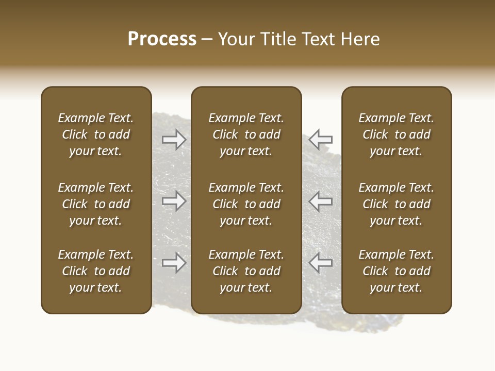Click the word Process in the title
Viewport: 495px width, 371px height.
(x=162, y=39)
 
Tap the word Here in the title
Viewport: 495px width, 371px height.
(x=360, y=39)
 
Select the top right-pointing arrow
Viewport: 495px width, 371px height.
(x=174, y=139)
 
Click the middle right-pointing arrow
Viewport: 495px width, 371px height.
(x=174, y=201)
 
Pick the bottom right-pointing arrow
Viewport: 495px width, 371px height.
(x=174, y=263)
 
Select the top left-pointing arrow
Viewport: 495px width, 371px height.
(x=321, y=139)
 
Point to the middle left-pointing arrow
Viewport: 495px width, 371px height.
(x=321, y=201)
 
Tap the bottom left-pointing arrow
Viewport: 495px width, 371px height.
(x=321, y=263)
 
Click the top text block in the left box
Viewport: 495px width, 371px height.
(x=96, y=134)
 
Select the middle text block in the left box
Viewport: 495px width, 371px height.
(x=96, y=204)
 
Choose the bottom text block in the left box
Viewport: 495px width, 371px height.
(x=96, y=271)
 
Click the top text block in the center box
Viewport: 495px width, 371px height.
(x=246, y=134)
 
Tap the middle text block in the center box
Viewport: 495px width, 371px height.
(x=246, y=204)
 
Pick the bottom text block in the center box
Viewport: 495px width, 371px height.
(x=246, y=271)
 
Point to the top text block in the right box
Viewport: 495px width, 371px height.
(x=397, y=134)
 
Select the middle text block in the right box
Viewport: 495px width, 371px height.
(x=397, y=204)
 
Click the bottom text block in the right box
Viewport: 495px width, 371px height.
(x=397, y=271)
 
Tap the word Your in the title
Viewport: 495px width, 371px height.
(x=236, y=39)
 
